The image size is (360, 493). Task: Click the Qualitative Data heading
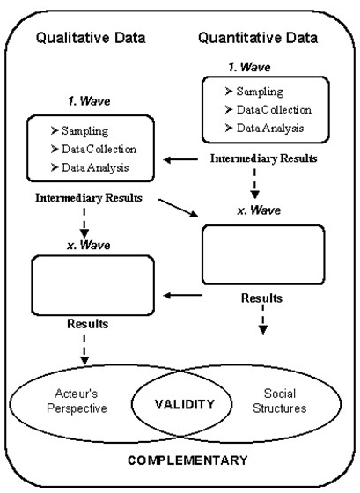pos(91,39)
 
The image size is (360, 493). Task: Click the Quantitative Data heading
pos(258,39)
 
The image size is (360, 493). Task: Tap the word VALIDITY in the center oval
pos(185,404)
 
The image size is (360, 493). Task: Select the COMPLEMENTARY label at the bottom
pos(187,460)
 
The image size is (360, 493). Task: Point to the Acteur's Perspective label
pos(77,401)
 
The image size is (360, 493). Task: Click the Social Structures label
pos(280,401)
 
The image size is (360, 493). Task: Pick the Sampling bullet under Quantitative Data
pos(254,92)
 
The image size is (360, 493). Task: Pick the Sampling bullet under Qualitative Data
pos(79,131)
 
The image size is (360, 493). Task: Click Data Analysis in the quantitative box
pos(264,128)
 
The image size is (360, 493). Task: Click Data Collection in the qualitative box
pos(93,149)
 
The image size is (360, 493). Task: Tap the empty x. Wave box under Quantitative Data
pos(263,254)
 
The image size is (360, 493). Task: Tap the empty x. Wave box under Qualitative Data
pos(92,285)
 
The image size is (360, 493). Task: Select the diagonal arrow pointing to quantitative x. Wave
pos(179,208)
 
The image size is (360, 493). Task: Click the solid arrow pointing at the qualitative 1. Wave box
pos(180,159)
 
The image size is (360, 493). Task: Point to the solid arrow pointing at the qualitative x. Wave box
pos(183,295)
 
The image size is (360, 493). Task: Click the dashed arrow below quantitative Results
pos(263,320)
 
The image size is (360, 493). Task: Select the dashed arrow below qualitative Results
pos(84,350)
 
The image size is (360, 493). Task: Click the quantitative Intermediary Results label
pos(263,158)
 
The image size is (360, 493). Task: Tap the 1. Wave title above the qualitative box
pos(89,101)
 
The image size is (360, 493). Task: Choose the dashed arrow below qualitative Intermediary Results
pos(84,223)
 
